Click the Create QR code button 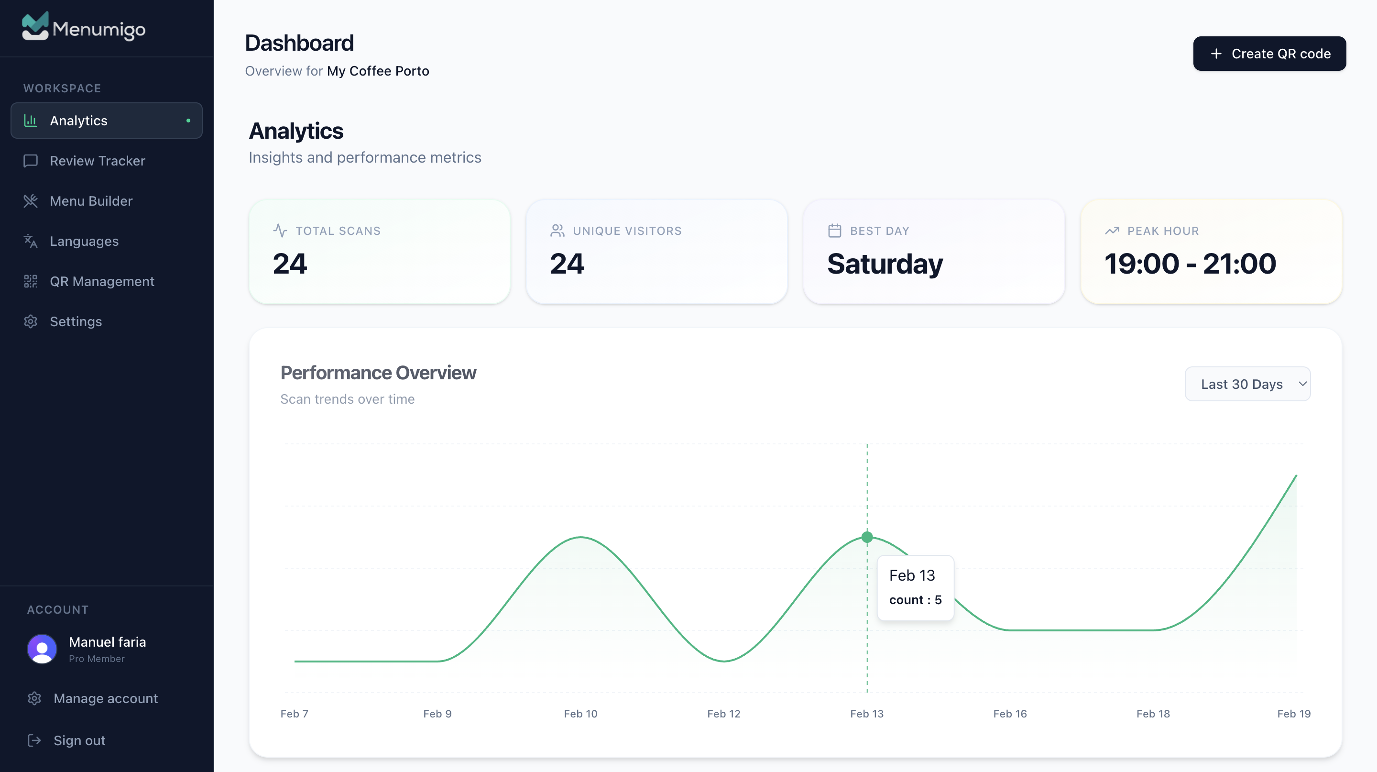coord(1269,54)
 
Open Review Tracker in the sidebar coord(97,161)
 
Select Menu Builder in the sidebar coord(91,201)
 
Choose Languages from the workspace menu coord(84,241)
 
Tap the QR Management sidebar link coord(101,281)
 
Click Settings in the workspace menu coord(76,321)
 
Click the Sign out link coord(79,740)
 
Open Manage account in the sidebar coord(105,698)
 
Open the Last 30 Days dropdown coord(1247,384)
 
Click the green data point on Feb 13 coord(867,537)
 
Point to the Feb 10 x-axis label coord(580,714)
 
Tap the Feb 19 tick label coord(1294,714)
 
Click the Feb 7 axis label coord(294,714)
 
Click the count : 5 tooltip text coord(915,600)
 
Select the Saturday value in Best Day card coord(885,264)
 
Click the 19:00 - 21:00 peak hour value coord(1190,264)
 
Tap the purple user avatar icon coord(42,649)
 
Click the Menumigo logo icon coord(35,26)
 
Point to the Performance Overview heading coord(378,373)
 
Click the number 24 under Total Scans coord(290,264)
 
